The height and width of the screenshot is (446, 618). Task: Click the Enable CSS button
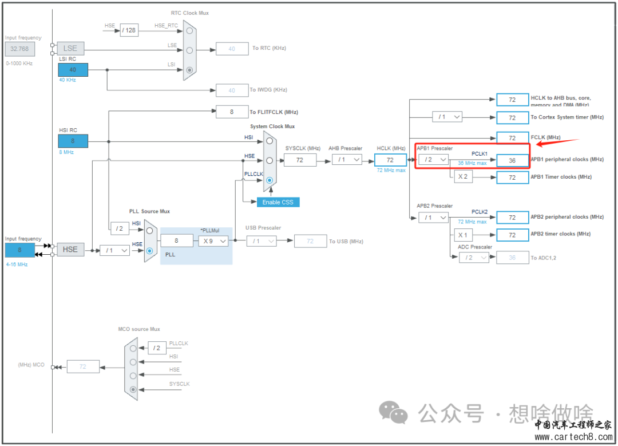point(278,202)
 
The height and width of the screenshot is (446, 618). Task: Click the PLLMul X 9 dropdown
point(213,241)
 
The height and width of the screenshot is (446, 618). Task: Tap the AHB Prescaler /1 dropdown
point(347,160)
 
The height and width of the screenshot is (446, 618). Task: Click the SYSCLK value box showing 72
point(300,160)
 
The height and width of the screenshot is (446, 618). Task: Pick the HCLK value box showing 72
point(390,160)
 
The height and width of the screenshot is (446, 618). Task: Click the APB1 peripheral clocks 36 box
point(512,160)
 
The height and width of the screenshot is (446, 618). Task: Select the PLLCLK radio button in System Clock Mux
point(269,180)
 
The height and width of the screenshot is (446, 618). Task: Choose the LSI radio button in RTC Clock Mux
point(189,70)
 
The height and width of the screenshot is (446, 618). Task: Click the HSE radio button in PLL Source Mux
point(149,250)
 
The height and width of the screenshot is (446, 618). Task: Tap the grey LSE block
point(70,49)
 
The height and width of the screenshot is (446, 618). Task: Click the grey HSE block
point(70,250)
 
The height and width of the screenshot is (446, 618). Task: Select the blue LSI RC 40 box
point(73,70)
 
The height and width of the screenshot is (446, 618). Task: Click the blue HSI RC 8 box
point(73,141)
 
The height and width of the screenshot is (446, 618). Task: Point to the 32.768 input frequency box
point(19,49)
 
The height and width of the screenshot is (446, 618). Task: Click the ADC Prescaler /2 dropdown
point(474,258)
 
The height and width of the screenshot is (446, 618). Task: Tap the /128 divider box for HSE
point(129,30)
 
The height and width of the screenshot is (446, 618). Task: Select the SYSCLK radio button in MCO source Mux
point(133,389)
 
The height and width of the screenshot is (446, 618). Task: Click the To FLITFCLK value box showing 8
point(231,112)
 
